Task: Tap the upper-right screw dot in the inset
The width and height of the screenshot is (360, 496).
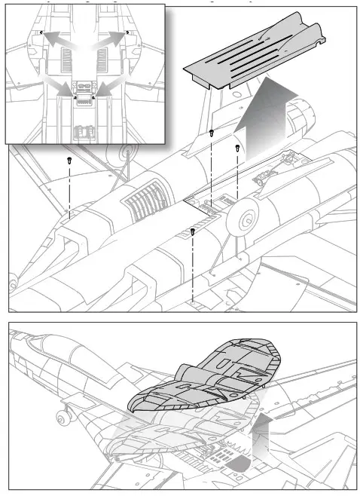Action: [x=127, y=32]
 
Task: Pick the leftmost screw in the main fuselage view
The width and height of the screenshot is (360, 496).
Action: [x=69, y=161]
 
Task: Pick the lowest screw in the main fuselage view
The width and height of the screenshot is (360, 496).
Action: [x=193, y=231]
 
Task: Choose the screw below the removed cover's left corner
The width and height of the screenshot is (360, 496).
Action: [x=212, y=133]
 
